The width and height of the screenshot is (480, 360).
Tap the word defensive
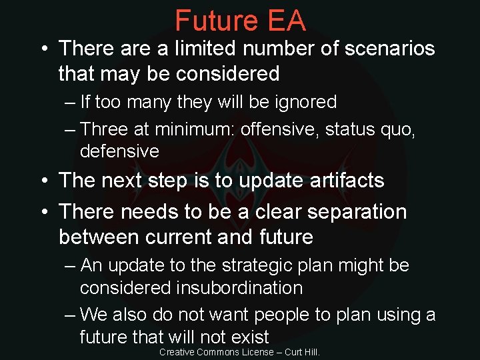tap(119, 151)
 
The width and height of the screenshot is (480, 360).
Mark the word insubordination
tap(239, 288)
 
